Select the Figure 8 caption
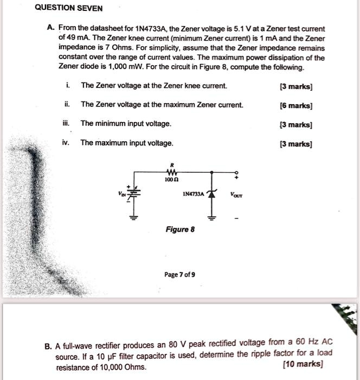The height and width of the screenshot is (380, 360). click(178, 229)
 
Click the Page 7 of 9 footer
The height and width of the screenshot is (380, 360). click(179, 275)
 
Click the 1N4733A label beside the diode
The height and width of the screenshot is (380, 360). click(193, 194)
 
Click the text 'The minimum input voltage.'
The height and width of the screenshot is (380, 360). click(126, 124)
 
